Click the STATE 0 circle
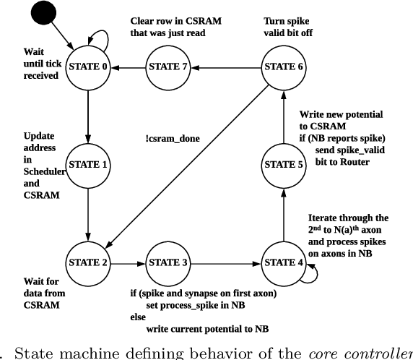(x=89, y=67)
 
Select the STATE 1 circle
(x=89, y=165)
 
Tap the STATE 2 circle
(x=89, y=261)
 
